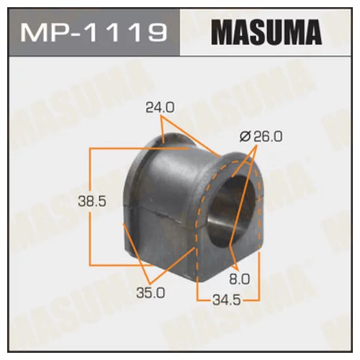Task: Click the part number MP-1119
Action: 94,32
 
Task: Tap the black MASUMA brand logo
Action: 266,32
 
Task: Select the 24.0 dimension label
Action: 160,107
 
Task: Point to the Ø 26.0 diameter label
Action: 261,136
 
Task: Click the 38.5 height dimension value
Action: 92,201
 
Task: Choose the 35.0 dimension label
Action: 150,292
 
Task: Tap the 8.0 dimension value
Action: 240,279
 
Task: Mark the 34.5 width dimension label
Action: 226,300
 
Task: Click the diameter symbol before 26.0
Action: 245,137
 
